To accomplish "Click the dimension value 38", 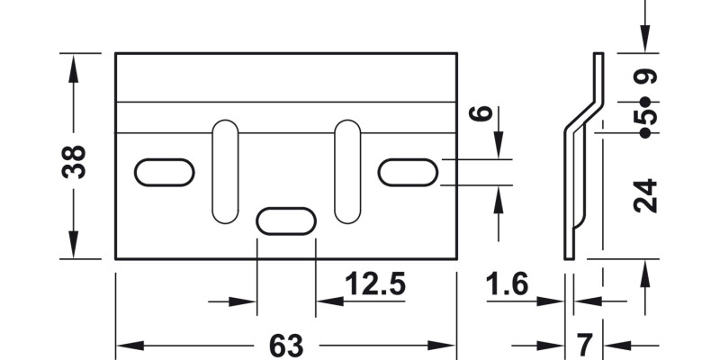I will click(76, 161).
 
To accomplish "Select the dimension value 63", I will click(285, 346).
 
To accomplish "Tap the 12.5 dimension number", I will click(374, 285).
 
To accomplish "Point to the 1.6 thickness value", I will click(507, 285).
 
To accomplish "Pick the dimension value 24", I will click(645, 196).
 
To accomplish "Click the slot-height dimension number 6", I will click(483, 114).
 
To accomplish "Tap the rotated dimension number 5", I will click(645, 117).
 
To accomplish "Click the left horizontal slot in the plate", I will click(164, 173).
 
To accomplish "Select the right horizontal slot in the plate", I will click(408, 173).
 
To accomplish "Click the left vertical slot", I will click(225, 171).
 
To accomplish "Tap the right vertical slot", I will click(347, 171).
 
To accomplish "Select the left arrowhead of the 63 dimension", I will click(127, 346).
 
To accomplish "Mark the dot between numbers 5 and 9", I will click(645, 100).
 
